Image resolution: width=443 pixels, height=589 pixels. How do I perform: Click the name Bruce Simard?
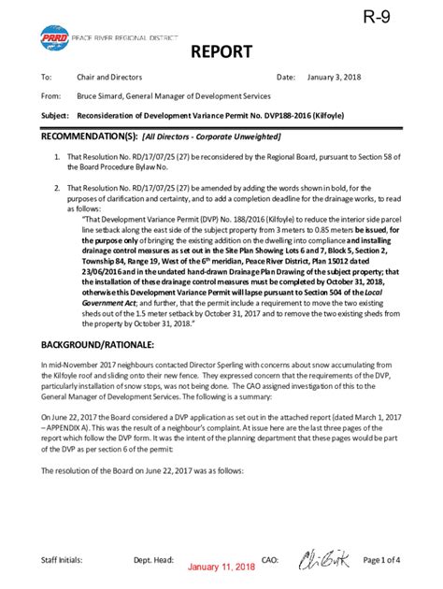pyautogui.click(x=102, y=95)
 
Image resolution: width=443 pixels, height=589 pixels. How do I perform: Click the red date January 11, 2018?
pyautogui.click(x=221, y=567)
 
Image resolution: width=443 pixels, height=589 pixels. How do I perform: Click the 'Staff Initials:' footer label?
pyautogui.click(x=61, y=559)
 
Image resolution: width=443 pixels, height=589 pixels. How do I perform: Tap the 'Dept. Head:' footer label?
pyautogui.click(x=153, y=559)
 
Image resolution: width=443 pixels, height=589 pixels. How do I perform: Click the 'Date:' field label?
pyautogui.click(x=286, y=77)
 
